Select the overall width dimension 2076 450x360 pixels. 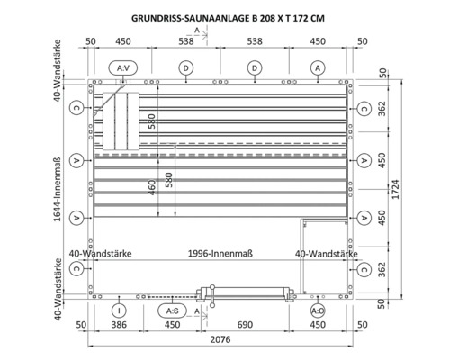pos(220,339)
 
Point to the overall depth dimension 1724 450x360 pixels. pos(396,189)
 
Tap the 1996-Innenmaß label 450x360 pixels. pos(220,254)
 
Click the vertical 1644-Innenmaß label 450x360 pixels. pos(57,190)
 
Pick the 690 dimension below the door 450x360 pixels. pos(245,325)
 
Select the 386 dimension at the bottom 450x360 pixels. pos(119,325)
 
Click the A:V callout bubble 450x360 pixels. pos(123,68)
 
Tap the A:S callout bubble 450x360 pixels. pos(172,310)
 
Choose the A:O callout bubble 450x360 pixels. pos(318,310)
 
